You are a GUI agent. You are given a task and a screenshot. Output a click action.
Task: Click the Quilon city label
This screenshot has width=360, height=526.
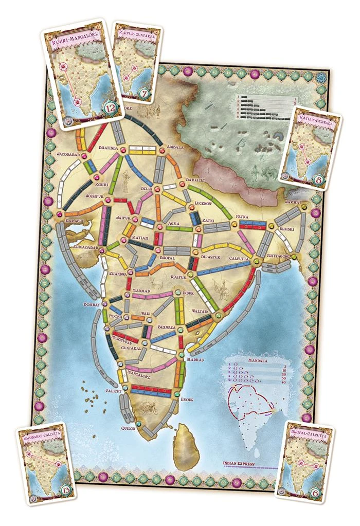pos(128,428)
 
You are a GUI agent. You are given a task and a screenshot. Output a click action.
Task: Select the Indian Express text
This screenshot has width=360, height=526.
pos(240,462)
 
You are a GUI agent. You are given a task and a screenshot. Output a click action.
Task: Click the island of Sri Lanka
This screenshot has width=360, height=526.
pos(186,447)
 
